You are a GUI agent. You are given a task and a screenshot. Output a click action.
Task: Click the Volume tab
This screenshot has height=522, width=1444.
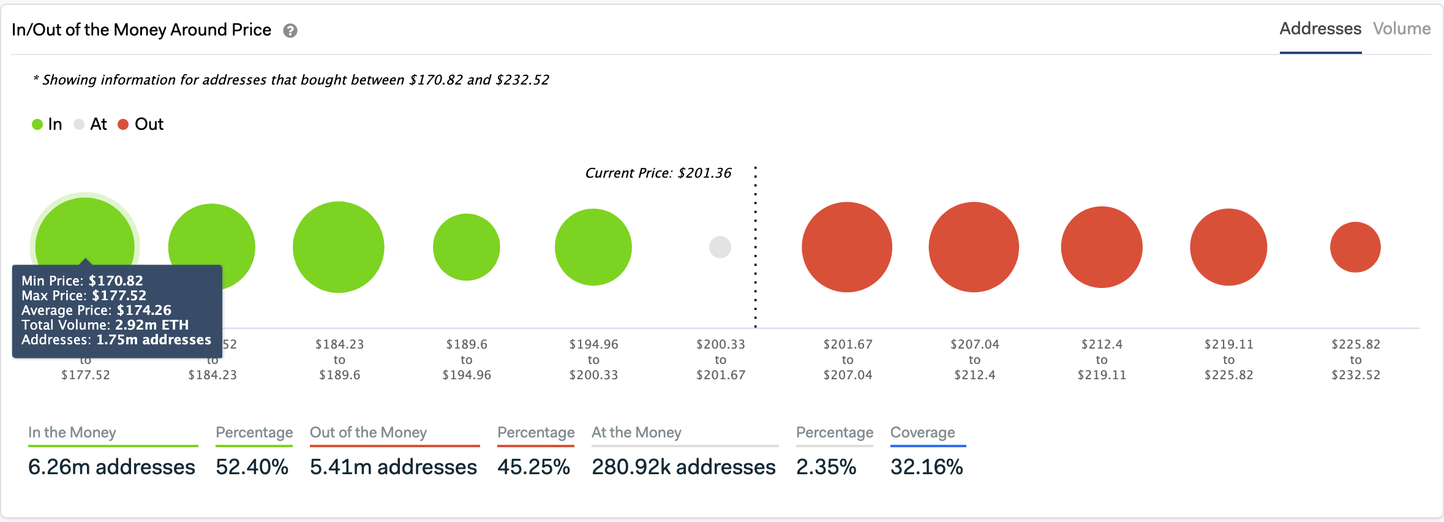1401,29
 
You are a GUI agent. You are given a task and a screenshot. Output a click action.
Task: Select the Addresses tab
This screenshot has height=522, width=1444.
1320,29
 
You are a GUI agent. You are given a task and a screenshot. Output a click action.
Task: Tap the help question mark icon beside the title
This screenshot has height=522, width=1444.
290,31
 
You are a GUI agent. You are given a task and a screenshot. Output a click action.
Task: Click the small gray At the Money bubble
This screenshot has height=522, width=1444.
720,247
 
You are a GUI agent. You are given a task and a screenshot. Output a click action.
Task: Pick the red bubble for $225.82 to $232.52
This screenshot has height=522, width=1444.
1355,247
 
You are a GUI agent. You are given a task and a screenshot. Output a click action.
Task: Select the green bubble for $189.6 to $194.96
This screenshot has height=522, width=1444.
466,247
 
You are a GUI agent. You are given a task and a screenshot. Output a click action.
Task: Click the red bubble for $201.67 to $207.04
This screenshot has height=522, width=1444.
846,247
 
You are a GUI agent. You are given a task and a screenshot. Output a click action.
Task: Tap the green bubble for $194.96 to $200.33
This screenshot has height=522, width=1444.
593,247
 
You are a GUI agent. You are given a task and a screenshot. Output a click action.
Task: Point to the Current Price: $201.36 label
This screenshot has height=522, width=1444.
658,173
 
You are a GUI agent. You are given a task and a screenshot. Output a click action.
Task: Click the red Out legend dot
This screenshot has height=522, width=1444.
123,124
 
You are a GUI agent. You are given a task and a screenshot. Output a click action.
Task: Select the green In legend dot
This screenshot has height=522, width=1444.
37,124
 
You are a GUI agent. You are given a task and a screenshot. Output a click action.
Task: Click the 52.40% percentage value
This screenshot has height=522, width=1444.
252,467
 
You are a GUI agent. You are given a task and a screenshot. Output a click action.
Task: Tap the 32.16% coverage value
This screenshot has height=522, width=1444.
926,467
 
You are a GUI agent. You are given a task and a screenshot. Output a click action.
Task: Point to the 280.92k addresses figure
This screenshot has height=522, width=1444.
683,467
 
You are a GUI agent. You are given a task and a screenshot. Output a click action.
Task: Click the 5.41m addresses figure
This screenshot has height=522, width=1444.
393,467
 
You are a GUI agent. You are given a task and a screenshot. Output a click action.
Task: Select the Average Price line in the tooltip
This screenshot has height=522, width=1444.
96,310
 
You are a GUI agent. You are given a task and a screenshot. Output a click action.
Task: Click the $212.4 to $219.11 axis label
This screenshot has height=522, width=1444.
1101,360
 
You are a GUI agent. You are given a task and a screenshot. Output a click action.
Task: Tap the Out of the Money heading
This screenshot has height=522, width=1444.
368,433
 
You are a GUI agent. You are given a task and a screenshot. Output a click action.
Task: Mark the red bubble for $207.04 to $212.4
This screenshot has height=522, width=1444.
973,247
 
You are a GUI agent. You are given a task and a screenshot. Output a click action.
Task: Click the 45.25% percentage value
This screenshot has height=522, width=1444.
533,467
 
